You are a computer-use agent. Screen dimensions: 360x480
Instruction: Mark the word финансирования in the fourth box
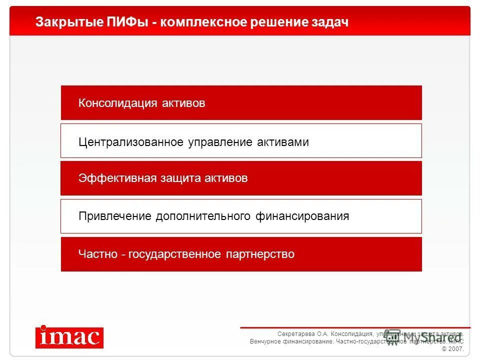click(302, 216)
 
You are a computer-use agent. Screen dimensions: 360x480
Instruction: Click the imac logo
click(69, 337)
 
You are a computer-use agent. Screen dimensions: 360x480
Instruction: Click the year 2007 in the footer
click(456, 349)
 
